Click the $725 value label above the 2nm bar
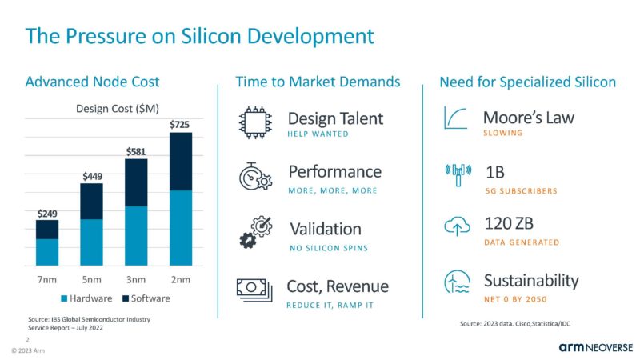[x=181, y=126]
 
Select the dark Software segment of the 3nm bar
[x=136, y=182]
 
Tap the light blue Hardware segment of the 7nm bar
[x=47, y=252]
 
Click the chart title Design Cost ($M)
[x=114, y=108]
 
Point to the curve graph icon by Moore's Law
[x=457, y=119]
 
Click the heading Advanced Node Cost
[x=93, y=82]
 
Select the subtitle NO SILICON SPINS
[x=329, y=248]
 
